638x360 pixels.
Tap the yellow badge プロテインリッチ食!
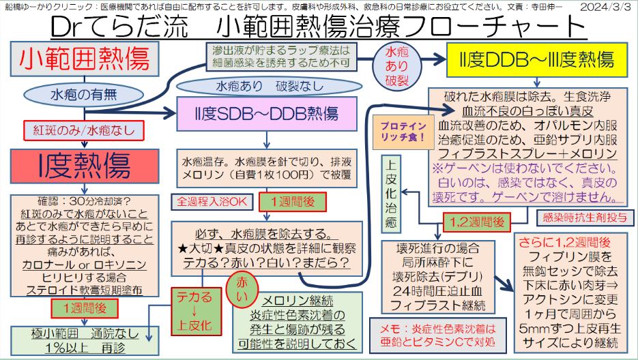click(403, 132)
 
